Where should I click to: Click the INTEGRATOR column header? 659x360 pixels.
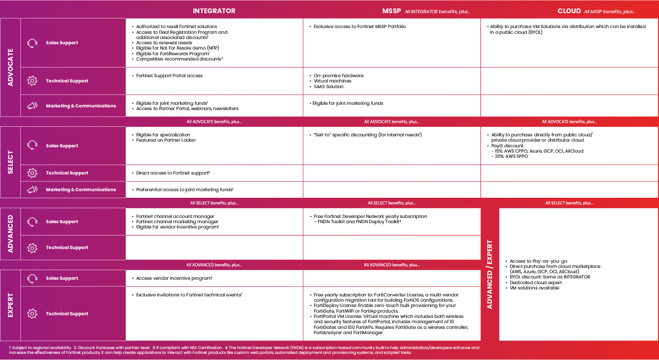[x=214, y=11]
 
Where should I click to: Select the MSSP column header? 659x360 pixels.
[x=392, y=11]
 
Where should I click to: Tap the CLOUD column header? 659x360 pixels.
[x=569, y=11]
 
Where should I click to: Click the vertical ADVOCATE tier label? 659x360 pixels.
[x=11, y=67]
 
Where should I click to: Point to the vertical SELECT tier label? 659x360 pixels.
[x=11, y=162]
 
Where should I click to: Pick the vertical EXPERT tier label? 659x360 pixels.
[x=11, y=305]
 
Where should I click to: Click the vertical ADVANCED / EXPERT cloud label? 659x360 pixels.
[x=490, y=274]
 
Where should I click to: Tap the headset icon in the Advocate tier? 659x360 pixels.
[x=32, y=43]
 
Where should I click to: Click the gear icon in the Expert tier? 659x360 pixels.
[x=32, y=314]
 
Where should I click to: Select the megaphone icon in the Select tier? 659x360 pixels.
[x=32, y=190]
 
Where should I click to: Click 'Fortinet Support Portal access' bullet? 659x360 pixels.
[x=169, y=76]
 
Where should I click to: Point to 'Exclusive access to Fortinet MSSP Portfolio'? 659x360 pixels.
[x=360, y=27]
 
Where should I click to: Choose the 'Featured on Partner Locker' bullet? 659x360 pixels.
[x=166, y=140]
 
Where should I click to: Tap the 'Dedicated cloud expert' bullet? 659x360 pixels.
[x=535, y=283]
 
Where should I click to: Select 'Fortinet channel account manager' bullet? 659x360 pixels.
[x=175, y=217]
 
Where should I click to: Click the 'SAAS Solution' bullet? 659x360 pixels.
[x=328, y=87]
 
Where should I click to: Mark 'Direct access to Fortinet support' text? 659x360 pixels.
[x=172, y=173]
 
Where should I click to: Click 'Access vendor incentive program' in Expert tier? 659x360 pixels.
[x=174, y=278]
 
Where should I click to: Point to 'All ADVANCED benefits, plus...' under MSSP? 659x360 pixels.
[x=392, y=265]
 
